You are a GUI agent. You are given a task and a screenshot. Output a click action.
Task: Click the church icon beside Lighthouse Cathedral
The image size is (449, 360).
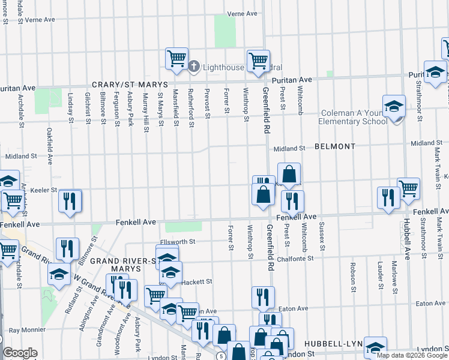194,66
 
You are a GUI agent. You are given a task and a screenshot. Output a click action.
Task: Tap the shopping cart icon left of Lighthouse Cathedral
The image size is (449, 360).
176,58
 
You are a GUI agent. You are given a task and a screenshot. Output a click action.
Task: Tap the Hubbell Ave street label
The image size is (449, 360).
407,238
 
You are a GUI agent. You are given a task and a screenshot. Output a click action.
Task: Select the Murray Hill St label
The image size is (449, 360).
145,107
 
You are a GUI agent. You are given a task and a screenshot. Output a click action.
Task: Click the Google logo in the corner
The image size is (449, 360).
20,353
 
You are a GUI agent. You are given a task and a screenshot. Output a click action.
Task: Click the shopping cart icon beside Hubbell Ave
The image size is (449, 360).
409,188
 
